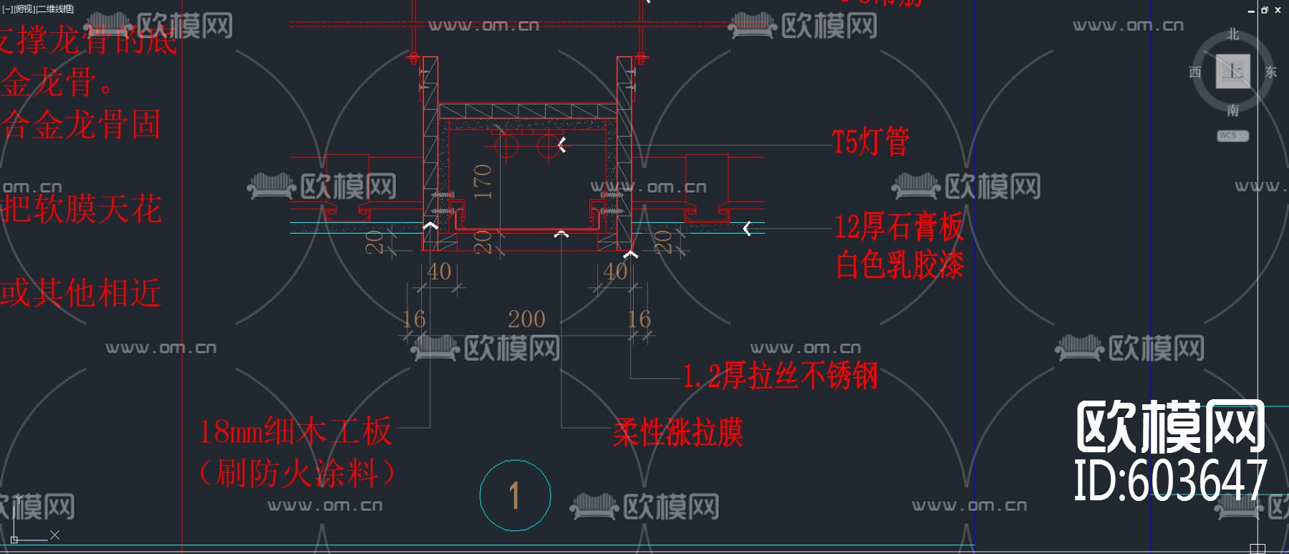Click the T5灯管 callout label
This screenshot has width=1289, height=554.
click(x=871, y=142)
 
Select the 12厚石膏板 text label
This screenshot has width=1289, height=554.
click(x=899, y=227)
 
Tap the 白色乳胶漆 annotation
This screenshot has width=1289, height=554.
click(x=899, y=265)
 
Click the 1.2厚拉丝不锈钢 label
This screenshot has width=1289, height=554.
click(x=780, y=376)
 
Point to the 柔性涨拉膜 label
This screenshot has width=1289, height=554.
click(x=677, y=432)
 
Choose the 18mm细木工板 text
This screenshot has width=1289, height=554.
click(x=295, y=431)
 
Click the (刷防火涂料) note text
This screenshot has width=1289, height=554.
click(x=296, y=473)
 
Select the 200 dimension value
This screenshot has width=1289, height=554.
click(x=526, y=319)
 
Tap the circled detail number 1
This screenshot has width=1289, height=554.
click(x=515, y=496)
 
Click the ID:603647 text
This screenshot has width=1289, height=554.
click(x=1170, y=479)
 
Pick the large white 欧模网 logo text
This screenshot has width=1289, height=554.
click(x=1170, y=428)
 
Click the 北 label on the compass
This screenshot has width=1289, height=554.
click(x=1232, y=34)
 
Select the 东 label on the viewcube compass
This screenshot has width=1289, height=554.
click(x=1270, y=72)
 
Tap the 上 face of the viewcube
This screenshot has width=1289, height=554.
click(x=1233, y=71)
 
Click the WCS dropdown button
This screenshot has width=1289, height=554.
click(x=1232, y=135)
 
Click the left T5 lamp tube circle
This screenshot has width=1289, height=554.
click(x=506, y=145)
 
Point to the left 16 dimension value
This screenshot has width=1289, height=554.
click(x=414, y=319)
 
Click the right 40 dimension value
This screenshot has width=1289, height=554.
click(x=615, y=272)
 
